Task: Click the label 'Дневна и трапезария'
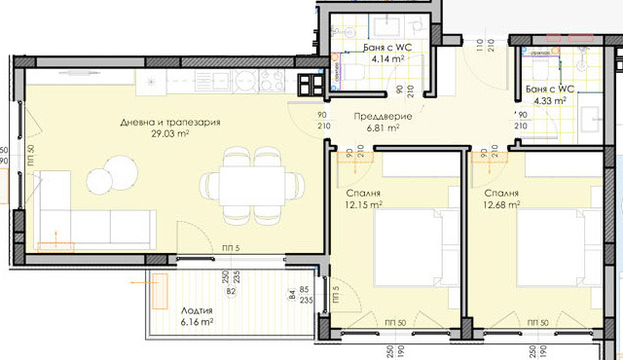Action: point(170,124)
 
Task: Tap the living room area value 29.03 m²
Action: point(170,136)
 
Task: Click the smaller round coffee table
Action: point(97,180)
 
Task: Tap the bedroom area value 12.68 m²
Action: point(501,204)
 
